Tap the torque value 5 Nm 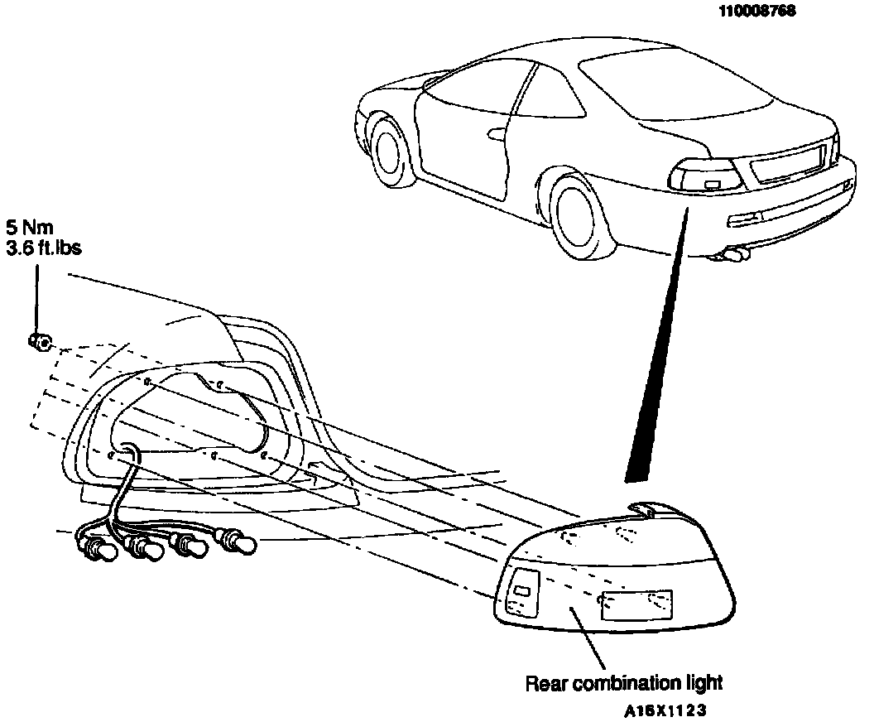click(x=33, y=226)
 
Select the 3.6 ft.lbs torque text click(x=44, y=247)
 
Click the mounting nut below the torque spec click(x=40, y=339)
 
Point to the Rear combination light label click(x=624, y=683)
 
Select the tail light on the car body click(x=703, y=176)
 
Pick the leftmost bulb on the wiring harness click(x=98, y=549)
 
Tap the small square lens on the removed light click(x=522, y=590)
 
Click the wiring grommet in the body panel click(x=129, y=451)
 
